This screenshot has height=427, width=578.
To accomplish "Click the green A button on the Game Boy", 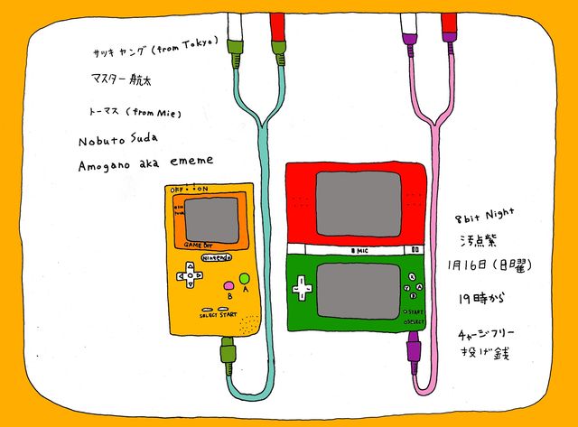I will point(244,277).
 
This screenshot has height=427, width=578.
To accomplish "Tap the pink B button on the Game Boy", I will point(228,285).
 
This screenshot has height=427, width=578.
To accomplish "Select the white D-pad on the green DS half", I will point(302,290).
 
